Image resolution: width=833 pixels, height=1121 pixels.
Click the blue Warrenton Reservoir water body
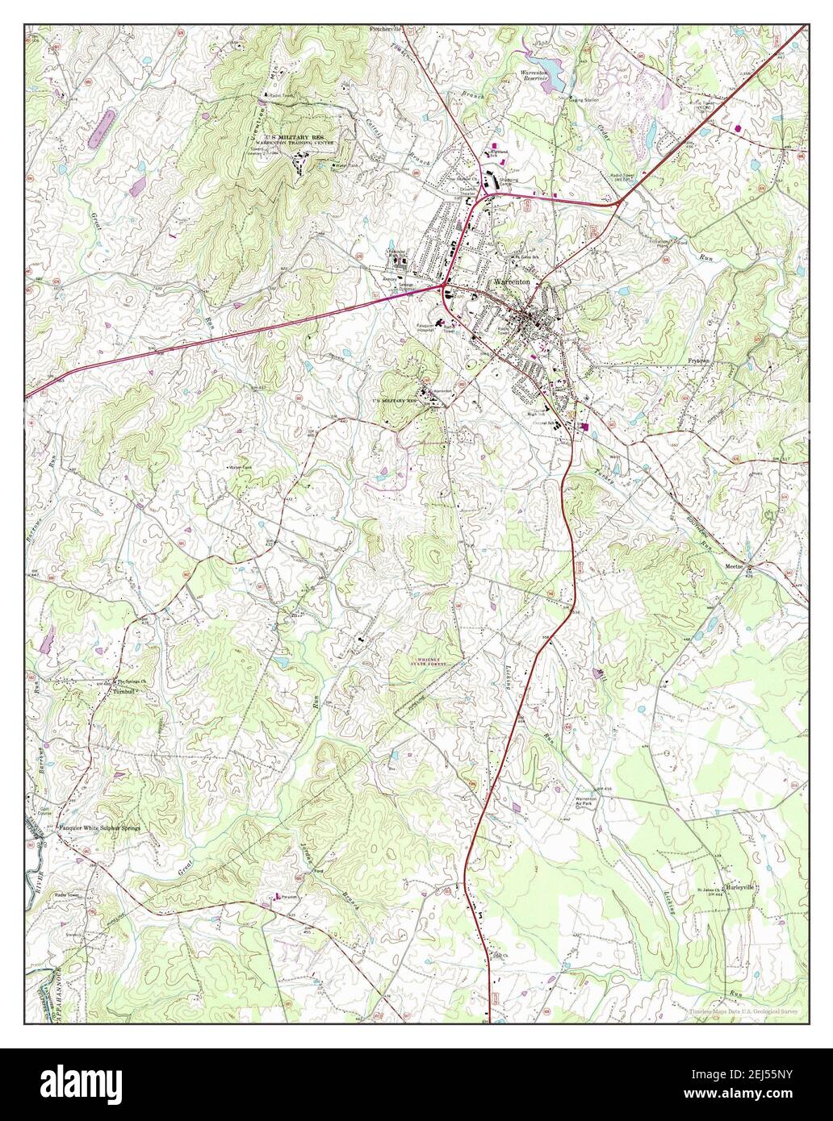point(542,62)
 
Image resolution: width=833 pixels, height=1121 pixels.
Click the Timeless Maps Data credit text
point(743,1011)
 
